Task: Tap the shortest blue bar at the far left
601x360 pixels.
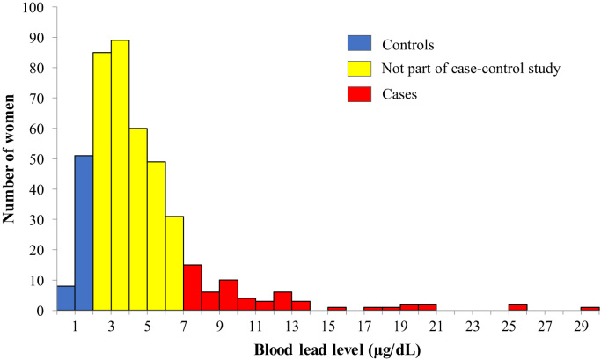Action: [x=65, y=298]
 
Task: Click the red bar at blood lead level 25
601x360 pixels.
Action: [x=517, y=307]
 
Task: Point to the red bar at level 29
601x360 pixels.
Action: [x=590, y=309]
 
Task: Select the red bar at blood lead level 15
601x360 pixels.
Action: [x=337, y=309]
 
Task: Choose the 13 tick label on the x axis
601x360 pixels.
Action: [x=301, y=325]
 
